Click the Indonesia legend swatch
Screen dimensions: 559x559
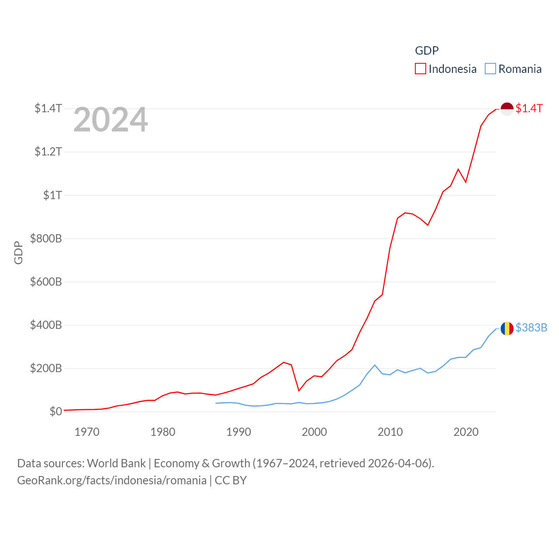point(420,69)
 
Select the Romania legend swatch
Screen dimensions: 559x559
point(490,69)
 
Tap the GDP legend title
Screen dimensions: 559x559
point(427,51)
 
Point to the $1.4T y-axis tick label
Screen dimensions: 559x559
point(48,108)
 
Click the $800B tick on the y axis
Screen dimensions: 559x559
point(46,238)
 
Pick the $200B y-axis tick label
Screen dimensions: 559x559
point(46,368)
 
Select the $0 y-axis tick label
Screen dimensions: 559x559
point(55,411)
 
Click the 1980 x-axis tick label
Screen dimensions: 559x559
point(162,432)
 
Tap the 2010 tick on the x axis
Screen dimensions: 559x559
point(390,432)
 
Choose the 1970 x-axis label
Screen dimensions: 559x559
point(87,432)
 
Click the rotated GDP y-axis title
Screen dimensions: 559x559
point(18,252)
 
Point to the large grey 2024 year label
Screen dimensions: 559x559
point(110,120)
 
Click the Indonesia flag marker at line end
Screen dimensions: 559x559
point(507,109)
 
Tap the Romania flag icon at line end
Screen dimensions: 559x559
point(507,328)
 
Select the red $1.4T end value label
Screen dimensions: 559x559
point(529,108)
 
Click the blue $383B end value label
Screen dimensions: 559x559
point(531,328)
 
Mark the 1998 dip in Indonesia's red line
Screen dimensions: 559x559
point(299,390)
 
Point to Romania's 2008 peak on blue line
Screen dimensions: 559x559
point(375,365)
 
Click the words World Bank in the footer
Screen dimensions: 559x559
point(116,463)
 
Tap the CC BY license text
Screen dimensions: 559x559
point(231,480)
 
